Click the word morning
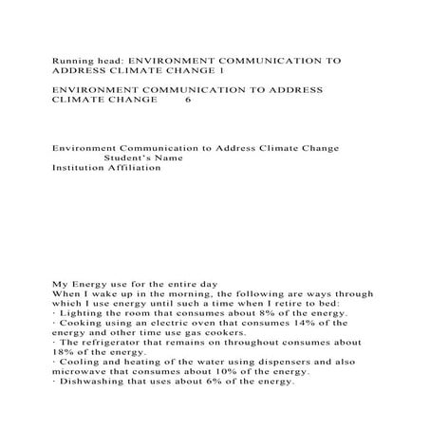188,294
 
